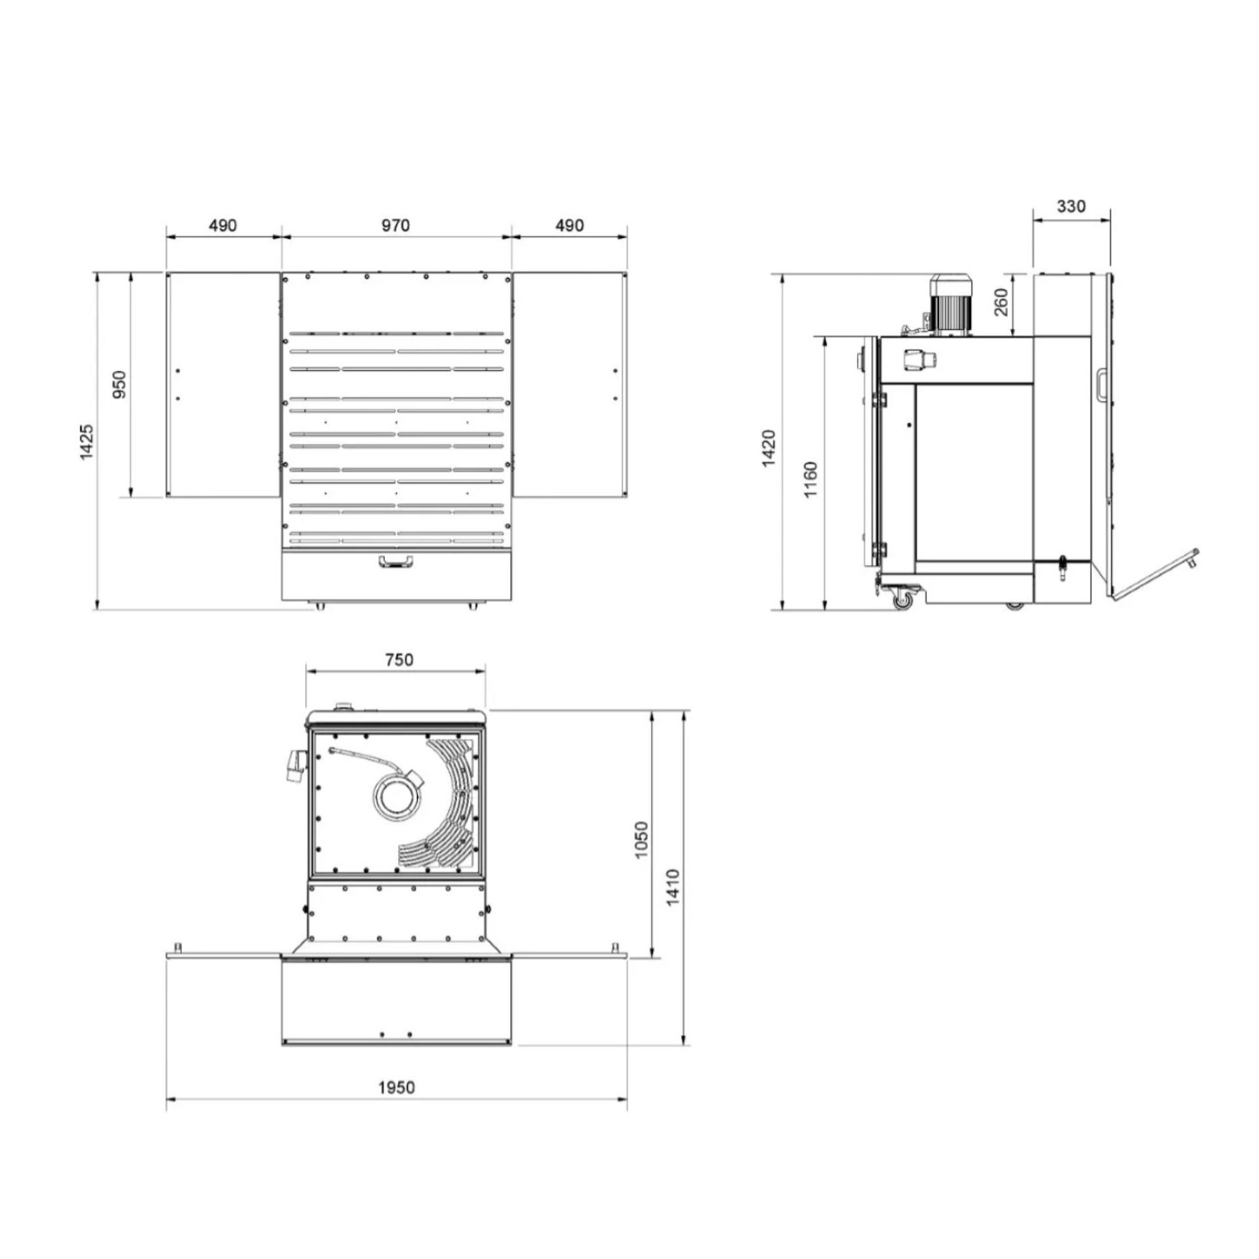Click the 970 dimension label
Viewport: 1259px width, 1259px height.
coord(395,226)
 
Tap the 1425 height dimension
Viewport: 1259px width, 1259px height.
coord(87,441)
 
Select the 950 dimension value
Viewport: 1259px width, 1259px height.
coord(119,384)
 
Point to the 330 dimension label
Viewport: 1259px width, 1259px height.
coord(1071,206)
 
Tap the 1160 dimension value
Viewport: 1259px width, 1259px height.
coord(811,479)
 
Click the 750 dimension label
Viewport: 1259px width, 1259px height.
coord(399,659)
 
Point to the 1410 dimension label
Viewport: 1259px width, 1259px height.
coord(673,888)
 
